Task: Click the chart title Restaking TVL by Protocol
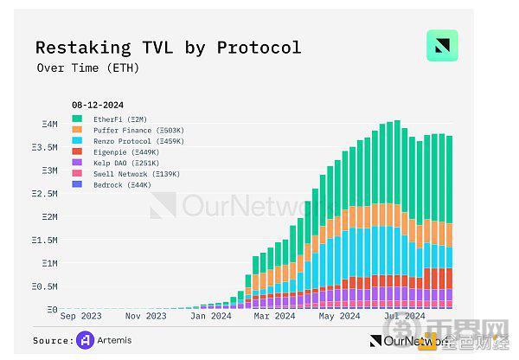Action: (x=168, y=47)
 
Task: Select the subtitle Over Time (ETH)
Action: (x=87, y=67)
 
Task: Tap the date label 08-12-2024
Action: (x=98, y=106)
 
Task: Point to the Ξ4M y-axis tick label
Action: (x=49, y=125)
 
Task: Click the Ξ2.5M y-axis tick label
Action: (x=46, y=194)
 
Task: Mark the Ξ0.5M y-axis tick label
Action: (x=46, y=286)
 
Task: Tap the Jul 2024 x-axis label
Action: (x=403, y=317)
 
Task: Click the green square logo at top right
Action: (x=442, y=46)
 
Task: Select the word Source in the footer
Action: (x=53, y=340)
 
